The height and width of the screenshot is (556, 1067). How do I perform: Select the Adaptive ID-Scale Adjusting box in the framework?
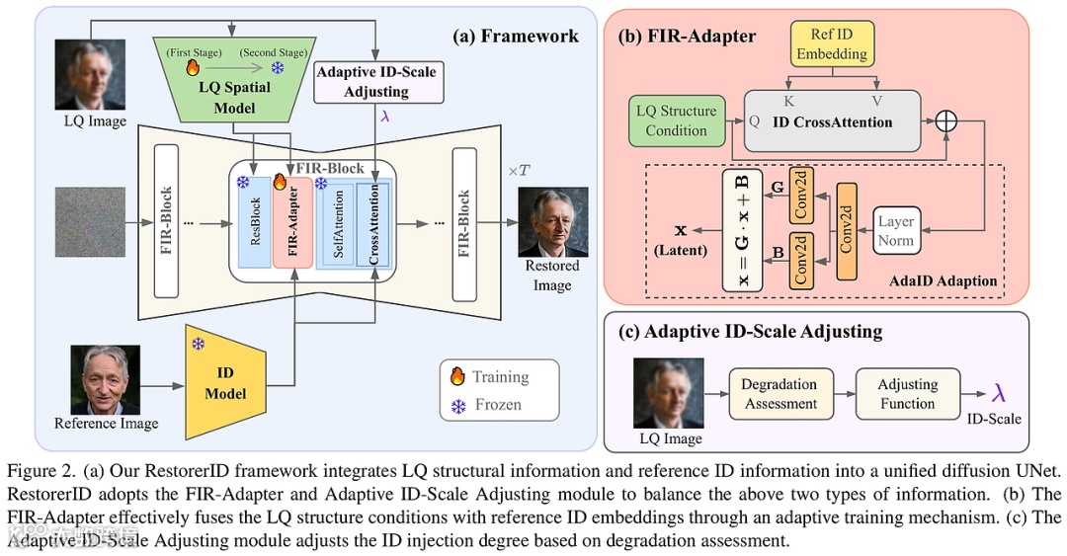374,81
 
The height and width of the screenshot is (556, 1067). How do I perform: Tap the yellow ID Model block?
225,384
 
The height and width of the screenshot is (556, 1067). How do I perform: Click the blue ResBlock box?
254,223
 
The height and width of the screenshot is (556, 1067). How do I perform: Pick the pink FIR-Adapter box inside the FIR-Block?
293,223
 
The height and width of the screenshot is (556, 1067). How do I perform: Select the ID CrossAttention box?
832,122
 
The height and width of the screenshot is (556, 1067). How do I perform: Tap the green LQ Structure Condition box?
677,120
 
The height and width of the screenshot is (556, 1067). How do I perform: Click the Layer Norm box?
896,231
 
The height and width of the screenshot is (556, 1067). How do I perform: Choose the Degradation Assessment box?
780,393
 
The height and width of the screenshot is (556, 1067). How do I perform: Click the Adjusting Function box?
907,393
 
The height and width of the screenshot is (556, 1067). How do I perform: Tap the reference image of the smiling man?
106,379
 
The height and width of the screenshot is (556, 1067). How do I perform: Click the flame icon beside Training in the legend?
457,376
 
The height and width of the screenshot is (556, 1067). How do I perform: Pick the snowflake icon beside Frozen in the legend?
457,405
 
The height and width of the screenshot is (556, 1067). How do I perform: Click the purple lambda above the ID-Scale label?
1000,393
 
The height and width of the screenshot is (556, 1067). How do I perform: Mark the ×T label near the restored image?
520,170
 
